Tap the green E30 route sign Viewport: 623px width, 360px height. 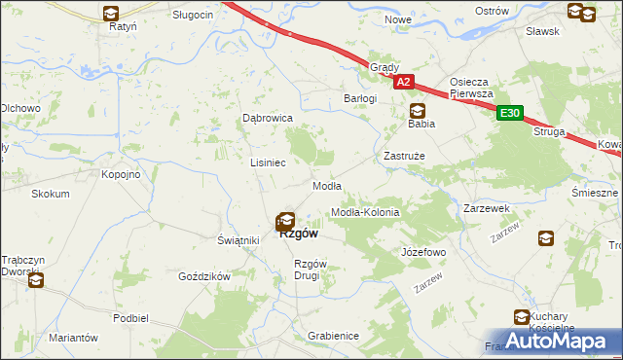(x=509, y=114)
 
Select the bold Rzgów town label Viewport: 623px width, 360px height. (x=298, y=234)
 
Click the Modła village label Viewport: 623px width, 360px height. (x=325, y=186)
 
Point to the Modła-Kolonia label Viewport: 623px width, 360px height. (x=366, y=211)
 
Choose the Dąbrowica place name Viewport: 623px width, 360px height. (x=268, y=118)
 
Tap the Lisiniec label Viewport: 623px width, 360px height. (x=268, y=162)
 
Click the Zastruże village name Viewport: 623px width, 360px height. (x=401, y=155)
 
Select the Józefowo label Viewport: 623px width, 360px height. (x=423, y=252)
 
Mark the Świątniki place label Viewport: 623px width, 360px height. (x=238, y=240)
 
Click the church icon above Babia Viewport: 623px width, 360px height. (x=418, y=111)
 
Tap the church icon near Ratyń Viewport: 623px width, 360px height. (x=110, y=14)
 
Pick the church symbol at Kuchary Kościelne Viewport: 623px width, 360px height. (x=522, y=316)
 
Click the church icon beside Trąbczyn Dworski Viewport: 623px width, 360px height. (x=36, y=282)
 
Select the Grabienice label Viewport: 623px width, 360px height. (x=333, y=336)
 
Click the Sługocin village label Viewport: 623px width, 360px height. (x=193, y=16)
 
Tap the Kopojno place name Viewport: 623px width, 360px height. (x=122, y=174)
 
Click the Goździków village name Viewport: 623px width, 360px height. (x=203, y=276)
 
